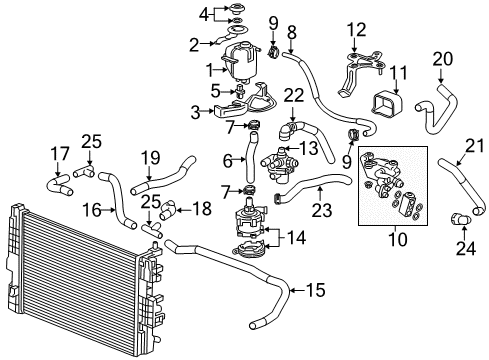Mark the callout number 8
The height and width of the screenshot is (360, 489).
[291, 31]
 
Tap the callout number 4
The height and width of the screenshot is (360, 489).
[204, 14]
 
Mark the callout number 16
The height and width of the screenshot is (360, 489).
[90, 210]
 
